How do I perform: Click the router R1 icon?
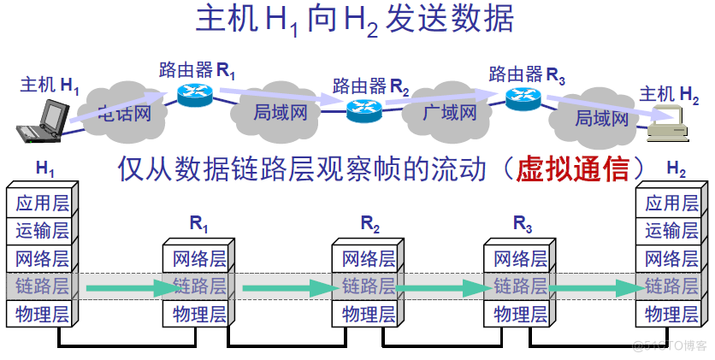pos(195,93)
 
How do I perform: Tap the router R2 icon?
pos(364,109)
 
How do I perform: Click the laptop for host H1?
pos(44,120)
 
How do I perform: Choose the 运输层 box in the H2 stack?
pos(671,230)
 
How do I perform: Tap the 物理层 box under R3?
pos(520,314)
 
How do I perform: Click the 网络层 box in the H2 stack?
pos(671,258)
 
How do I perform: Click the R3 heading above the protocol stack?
pos(523,226)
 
